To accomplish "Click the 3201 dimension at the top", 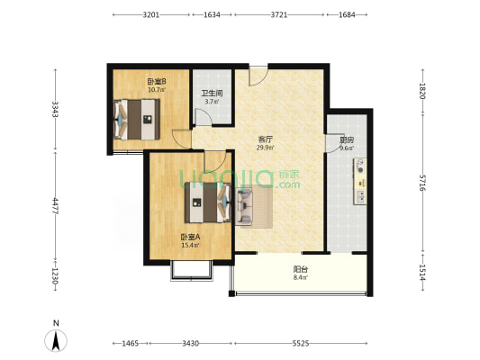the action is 151,14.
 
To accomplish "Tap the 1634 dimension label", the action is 212,14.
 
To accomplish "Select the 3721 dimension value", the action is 279,14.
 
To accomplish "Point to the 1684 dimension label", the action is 347,14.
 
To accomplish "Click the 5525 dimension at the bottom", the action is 300,344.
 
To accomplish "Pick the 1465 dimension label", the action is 131,344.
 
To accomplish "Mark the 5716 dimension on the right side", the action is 422,183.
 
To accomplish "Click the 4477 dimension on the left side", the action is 56,206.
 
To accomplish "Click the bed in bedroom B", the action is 137,120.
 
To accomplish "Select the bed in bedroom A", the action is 207,202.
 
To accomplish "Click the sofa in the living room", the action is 244,205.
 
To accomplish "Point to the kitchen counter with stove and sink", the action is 360,181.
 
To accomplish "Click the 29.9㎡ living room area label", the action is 266,148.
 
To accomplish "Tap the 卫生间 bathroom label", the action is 212,94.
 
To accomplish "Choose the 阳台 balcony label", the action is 301,269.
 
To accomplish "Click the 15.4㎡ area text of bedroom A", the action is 190,245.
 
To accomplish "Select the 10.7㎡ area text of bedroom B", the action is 157,90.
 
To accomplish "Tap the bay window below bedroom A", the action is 191,272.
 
